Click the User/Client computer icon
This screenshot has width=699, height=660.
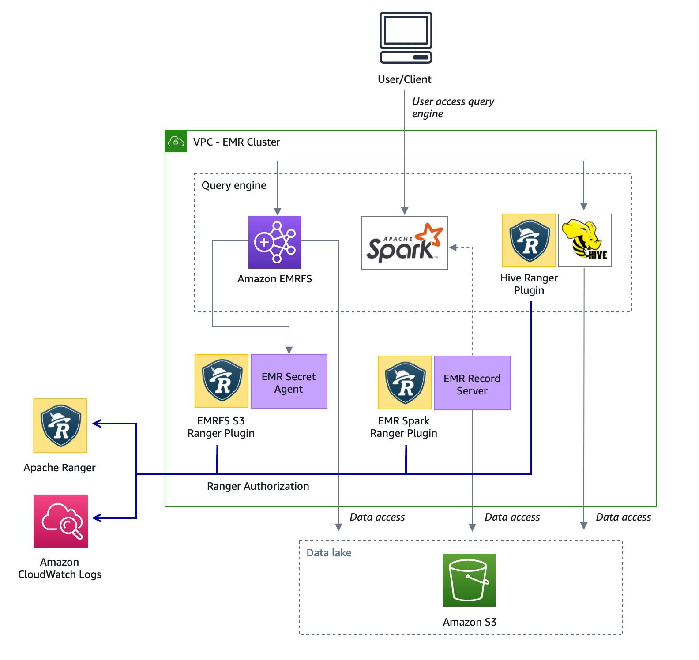(x=406, y=37)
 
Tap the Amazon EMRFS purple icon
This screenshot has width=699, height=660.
(x=274, y=242)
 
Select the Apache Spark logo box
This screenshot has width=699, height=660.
(x=404, y=243)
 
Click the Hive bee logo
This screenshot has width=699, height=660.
(x=584, y=240)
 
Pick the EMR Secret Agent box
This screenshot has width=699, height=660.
(x=289, y=382)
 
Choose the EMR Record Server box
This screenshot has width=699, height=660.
(x=472, y=383)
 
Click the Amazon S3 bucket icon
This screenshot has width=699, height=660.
(x=469, y=580)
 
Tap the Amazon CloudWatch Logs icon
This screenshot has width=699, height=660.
(x=61, y=521)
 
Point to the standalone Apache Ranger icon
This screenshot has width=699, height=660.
(x=60, y=426)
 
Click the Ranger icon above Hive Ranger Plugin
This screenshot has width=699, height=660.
(x=529, y=240)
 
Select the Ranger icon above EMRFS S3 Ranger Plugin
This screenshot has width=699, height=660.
(x=222, y=381)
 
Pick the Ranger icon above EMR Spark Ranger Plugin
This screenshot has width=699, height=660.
(x=404, y=382)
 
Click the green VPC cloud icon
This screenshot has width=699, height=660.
(x=176, y=142)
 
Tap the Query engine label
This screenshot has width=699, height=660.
(x=234, y=185)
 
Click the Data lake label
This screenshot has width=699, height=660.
(x=329, y=553)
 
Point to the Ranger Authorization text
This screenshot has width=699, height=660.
(x=258, y=486)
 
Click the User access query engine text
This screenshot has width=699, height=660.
(x=453, y=108)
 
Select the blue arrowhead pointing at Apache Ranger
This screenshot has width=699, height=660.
(x=97, y=424)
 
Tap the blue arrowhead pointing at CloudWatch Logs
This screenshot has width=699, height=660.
(x=97, y=518)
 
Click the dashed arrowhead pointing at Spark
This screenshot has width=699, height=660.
(x=453, y=247)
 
